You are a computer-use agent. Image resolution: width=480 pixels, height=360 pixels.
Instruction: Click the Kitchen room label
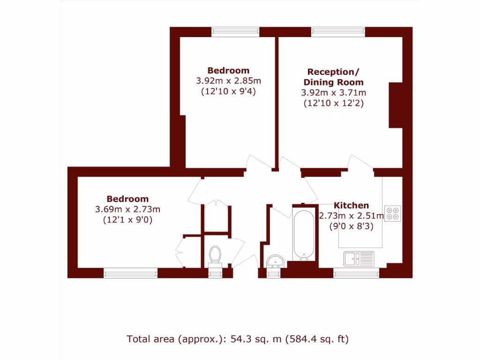click(351, 205)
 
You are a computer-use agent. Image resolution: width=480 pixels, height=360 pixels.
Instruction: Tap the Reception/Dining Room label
click(333, 77)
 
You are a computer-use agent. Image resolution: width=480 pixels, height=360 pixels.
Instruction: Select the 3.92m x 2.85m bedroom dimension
click(228, 81)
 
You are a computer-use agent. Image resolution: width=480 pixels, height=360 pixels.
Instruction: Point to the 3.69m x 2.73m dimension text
click(127, 209)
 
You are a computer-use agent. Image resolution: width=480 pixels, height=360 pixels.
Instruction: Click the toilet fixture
click(215, 255)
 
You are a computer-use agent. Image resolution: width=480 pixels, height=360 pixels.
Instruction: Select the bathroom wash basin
click(274, 261)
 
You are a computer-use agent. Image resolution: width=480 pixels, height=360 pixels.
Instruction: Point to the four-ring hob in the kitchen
click(392, 213)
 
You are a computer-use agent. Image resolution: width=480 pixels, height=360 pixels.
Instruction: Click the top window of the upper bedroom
click(235, 31)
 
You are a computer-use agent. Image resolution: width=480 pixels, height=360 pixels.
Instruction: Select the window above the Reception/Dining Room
click(338, 31)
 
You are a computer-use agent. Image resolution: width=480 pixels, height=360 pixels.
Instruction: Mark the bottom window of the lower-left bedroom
click(130, 273)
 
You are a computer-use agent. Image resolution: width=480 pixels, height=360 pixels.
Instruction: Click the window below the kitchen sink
click(356, 273)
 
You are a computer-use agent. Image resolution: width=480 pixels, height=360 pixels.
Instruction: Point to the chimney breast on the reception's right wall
click(396, 105)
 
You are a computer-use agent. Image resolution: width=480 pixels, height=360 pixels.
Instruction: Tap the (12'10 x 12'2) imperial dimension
click(333, 103)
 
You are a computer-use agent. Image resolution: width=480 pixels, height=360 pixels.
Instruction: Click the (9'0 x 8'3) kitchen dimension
click(351, 227)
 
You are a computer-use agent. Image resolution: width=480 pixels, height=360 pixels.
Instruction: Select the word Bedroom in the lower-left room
click(127, 199)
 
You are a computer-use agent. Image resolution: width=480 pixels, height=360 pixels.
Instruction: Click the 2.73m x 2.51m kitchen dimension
click(351, 216)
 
